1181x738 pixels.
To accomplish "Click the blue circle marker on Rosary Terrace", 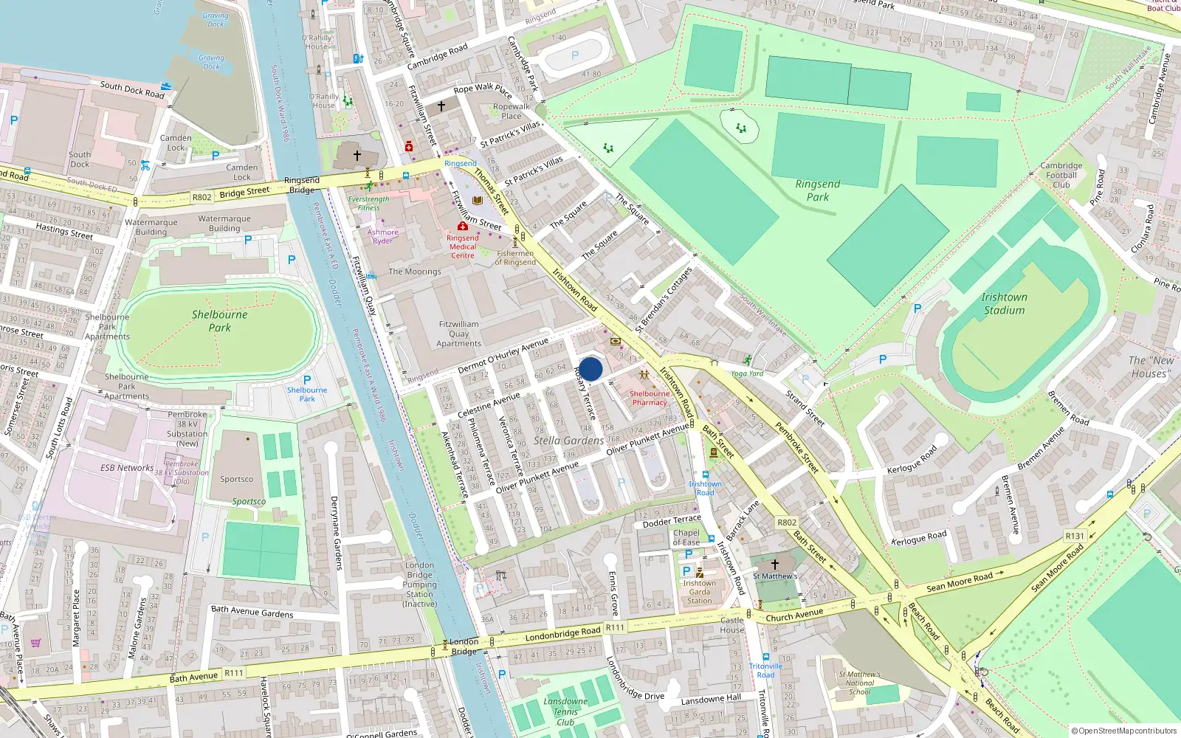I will click(x=590, y=369).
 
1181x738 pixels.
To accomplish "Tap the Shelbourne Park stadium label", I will click(x=219, y=321).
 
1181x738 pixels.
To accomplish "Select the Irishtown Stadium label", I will click(x=1004, y=303).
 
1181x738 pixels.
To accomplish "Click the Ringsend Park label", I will click(x=817, y=190).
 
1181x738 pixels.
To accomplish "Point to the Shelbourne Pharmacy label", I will click(x=650, y=398).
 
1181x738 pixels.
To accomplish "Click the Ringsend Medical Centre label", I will click(x=463, y=246).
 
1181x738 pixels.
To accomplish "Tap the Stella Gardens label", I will click(x=568, y=441).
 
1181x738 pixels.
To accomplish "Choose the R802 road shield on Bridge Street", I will click(x=202, y=197).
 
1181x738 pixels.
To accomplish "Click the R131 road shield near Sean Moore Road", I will click(x=1075, y=537).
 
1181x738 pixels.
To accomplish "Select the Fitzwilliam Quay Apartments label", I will click(x=458, y=334).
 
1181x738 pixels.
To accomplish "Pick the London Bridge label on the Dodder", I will click(x=464, y=646).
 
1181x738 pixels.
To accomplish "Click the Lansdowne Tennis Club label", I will click(x=565, y=711).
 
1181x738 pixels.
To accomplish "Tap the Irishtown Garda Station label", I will click(x=699, y=592).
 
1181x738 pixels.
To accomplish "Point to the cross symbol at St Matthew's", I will click(x=774, y=565).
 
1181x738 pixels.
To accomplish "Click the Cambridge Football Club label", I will click(x=1061, y=175).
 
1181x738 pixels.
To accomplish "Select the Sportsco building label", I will click(x=236, y=479).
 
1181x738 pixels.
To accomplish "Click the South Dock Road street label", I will click(x=132, y=90).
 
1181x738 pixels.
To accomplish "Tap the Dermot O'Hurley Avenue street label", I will click(x=503, y=356).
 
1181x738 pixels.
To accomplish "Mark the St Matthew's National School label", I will click(x=859, y=683).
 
